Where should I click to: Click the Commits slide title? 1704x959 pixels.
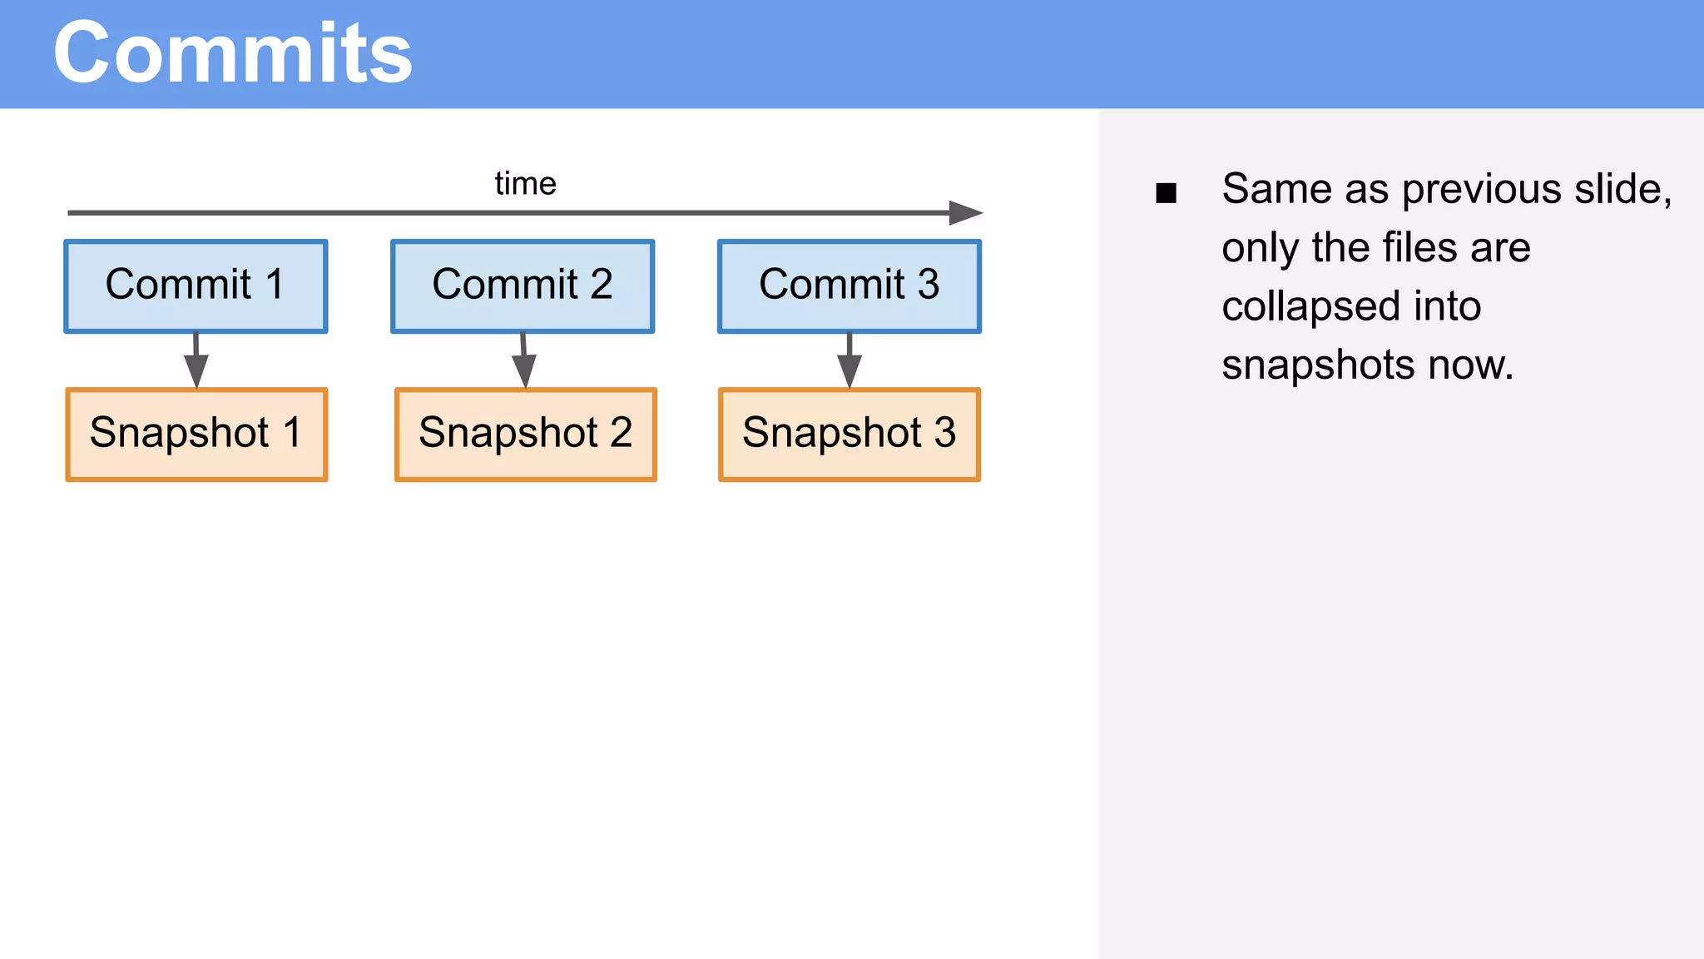233,53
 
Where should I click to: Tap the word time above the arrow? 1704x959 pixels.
525,183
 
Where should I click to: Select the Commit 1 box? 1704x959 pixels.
196,286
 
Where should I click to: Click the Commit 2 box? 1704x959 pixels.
523,286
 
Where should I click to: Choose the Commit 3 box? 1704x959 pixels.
850,286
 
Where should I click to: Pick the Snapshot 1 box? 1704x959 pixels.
196,434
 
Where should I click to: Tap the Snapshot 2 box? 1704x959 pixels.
526,434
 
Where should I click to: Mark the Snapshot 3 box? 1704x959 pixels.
850,434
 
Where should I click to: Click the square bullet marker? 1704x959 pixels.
1166,193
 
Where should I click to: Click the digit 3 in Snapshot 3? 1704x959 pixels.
944,433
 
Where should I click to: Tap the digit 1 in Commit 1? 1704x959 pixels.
275,285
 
